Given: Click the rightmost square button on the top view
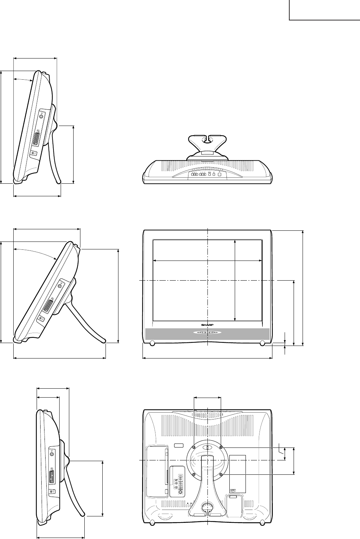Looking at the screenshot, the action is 220,177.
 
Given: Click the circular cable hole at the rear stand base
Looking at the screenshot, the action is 207,507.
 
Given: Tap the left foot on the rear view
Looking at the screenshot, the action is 152,522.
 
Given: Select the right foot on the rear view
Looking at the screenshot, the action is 262,522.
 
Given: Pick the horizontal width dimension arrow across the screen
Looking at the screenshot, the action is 207,261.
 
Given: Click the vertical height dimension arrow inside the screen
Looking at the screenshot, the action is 235,280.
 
